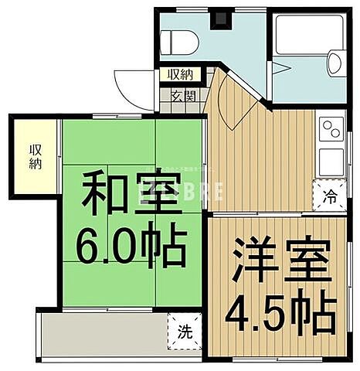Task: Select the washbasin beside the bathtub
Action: tap(336, 62)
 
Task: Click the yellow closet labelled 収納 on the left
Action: tap(36, 157)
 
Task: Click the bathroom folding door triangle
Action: tap(280, 68)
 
